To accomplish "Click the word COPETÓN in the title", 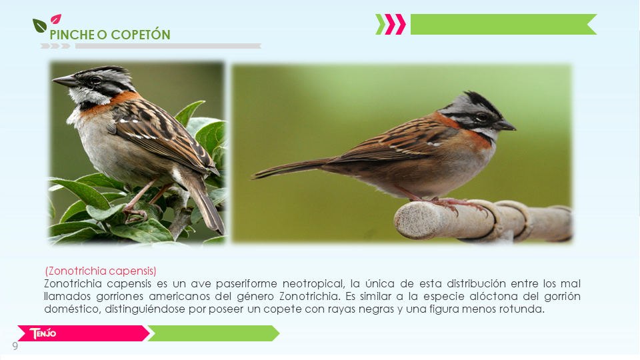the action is coord(139,35).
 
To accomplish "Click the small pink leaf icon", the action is coord(56,19).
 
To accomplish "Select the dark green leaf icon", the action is coord(39,26).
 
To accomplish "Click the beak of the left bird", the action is coord(65,81).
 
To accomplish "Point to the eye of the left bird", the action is coord(95,80).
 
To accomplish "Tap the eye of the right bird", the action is coord(482,117).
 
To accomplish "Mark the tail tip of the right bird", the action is coord(252,177).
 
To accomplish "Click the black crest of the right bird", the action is coord(481,100).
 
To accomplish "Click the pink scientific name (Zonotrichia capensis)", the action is coord(101,271).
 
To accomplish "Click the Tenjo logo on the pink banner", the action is coord(43,333).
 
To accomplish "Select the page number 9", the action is coord(15,346).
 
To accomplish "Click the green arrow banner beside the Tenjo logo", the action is coord(213,333).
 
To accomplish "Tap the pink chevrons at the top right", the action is coord(395,25).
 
